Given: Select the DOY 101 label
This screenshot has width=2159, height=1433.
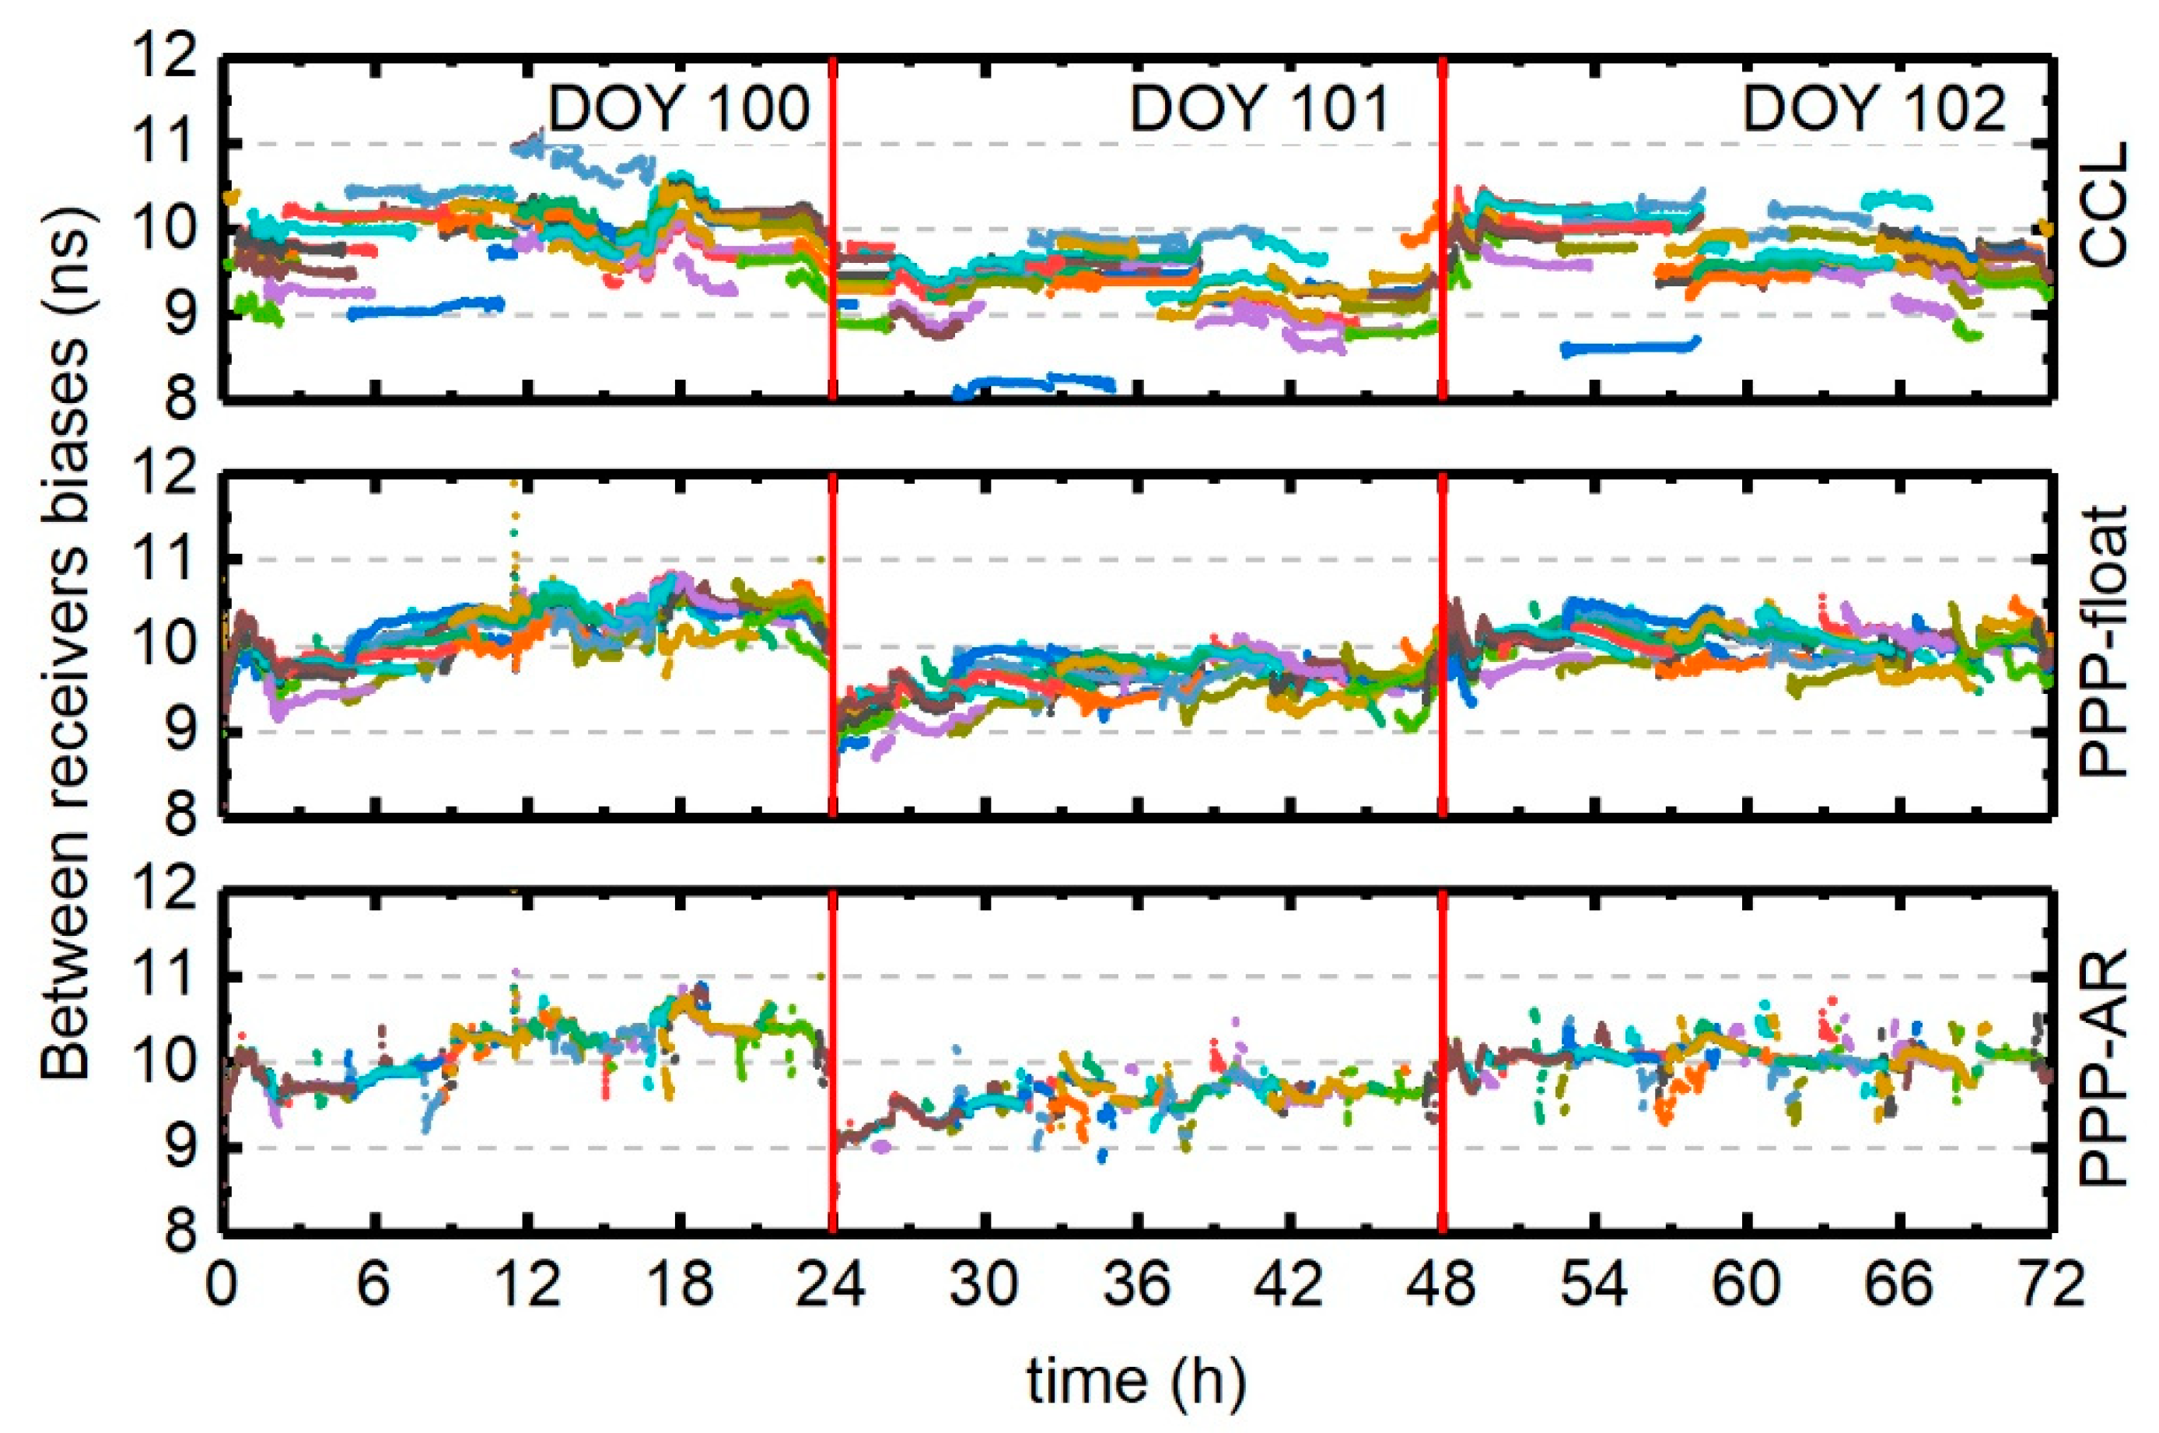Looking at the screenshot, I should coord(1259,110).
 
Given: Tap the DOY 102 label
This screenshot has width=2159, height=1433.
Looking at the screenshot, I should coord(1873,110).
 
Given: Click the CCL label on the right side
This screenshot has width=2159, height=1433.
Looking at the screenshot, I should coord(2103,205).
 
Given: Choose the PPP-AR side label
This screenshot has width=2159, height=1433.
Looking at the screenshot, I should coord(2103,1067).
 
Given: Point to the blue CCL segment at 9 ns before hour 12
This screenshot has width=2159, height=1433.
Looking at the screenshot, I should coord(425,308).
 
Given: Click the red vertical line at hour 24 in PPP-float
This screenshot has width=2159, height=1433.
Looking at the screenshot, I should coord(832,644).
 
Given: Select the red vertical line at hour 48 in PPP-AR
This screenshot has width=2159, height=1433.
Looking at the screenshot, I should coord(1442,1060).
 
